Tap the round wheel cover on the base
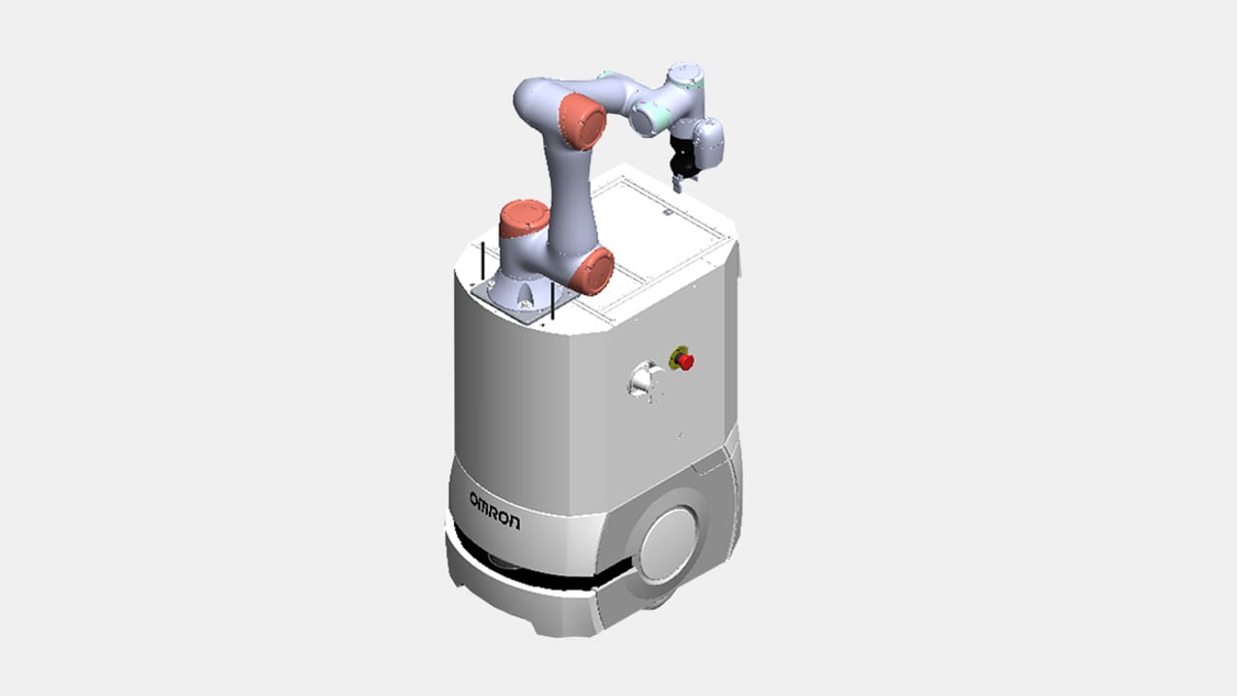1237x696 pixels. click(669, 544)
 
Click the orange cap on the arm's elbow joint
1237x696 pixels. click(582, 122)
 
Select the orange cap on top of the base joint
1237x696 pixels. click(524, 217)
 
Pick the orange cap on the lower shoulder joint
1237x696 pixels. click(592, 271)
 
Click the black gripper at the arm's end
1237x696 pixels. click(682, 156)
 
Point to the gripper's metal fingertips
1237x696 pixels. click(677, 184)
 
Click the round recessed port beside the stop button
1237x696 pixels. click(644, 381)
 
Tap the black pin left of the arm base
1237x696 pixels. click(482, 262)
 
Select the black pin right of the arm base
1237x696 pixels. click(552, 301)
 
